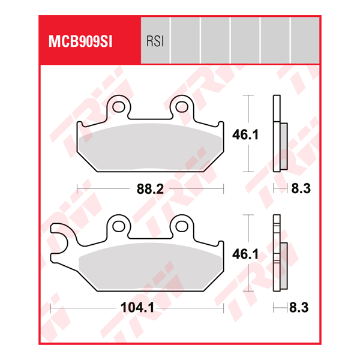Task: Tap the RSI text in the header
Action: [x=155, y=42]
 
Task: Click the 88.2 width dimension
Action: [x=150, y=190]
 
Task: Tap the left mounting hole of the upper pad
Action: [x=118, y=108]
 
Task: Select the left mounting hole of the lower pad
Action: [x=118, y=226]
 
